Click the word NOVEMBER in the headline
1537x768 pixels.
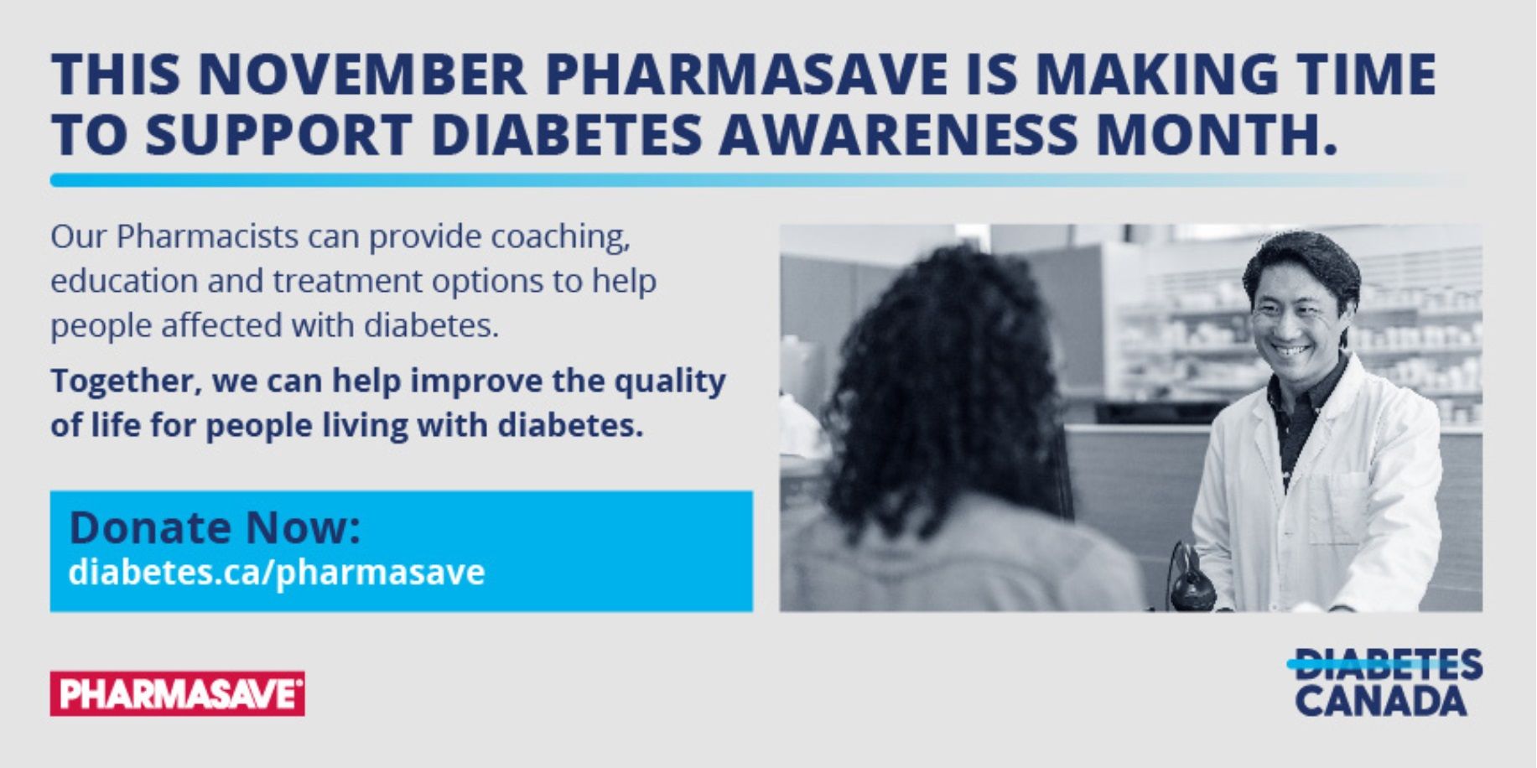click(x=362, y=74)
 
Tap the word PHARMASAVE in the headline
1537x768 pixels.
click(x=746, y=74)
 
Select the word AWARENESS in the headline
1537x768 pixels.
click(x=898, y=134)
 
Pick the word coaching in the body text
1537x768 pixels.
click(x=560, y=238)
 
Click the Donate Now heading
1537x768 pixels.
click(x=215, y=527)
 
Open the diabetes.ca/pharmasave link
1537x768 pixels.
click(x=277, y=573)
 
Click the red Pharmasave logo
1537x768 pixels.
click(x=177, y=693)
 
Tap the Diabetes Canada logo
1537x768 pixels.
click(x=1384, y=682)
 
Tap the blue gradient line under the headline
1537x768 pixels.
click(x=755, y=179)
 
